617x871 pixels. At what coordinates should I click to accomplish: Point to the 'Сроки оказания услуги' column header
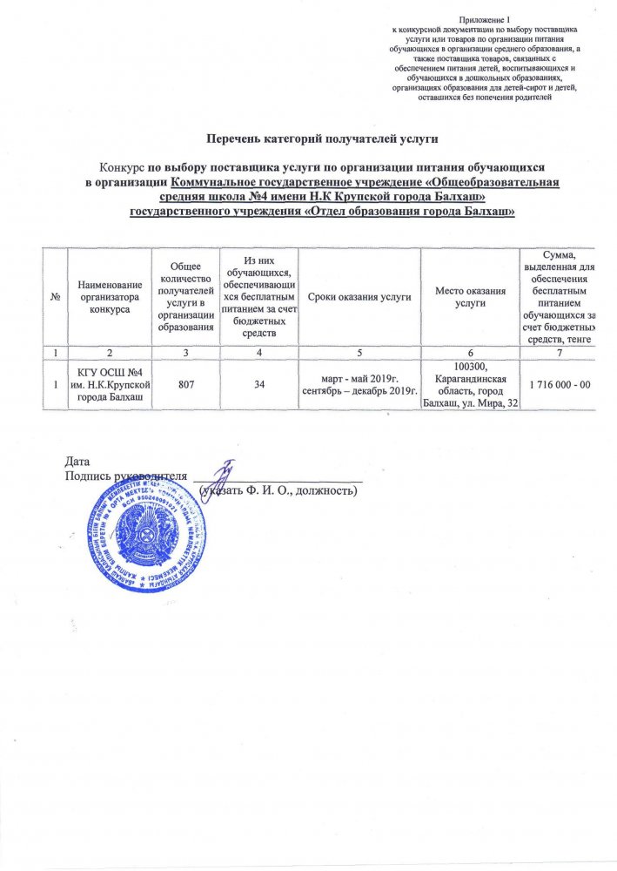(x=359, y=297)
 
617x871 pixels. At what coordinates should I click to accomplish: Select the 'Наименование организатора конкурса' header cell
(x=109, y=297)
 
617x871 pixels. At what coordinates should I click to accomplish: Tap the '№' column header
(x=57, y=297)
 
